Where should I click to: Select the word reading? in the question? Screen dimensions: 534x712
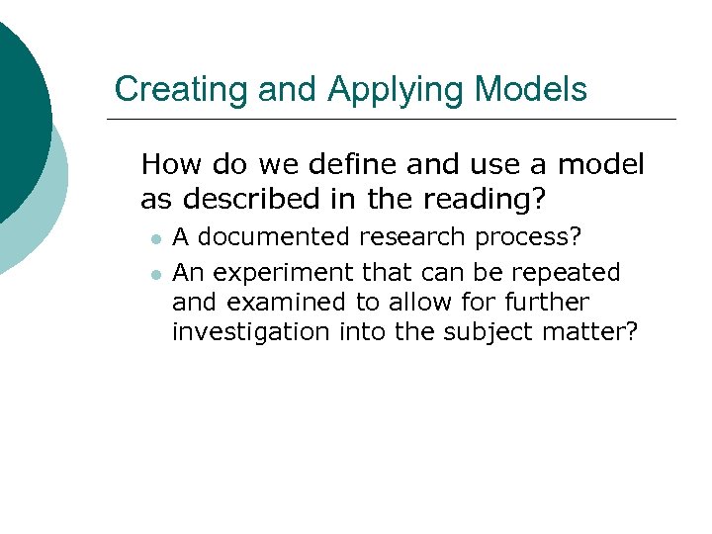point(488,199)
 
